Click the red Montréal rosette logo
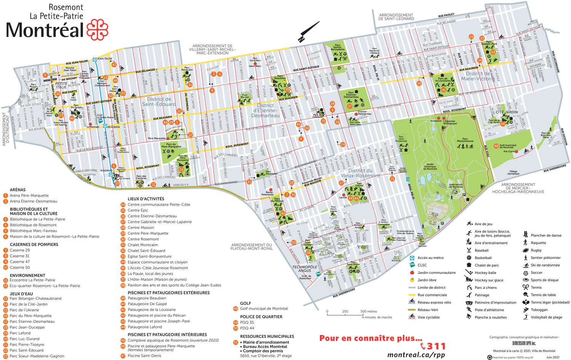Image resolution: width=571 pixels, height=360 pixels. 97,30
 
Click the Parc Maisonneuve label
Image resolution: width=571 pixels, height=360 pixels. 465,140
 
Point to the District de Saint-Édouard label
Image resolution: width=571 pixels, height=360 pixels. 159,101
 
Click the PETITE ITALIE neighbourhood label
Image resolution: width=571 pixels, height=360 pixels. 61,85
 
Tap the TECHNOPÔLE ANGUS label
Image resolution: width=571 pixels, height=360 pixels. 305,269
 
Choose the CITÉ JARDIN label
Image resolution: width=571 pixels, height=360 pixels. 506,112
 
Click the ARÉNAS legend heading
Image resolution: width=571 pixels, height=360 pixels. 18,190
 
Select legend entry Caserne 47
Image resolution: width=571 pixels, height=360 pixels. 19,262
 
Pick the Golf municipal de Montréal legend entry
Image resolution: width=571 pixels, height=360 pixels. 264,309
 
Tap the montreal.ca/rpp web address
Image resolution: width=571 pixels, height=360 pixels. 416,355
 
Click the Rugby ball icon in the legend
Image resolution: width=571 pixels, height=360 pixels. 526,250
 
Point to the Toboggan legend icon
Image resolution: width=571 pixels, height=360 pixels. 526,310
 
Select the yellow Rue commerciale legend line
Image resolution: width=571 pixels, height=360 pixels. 412,295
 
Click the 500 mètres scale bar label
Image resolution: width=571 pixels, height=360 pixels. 368,311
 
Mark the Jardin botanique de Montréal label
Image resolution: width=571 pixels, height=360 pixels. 430,166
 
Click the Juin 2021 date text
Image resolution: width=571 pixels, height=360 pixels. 553,357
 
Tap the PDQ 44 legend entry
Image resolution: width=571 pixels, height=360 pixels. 247,328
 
